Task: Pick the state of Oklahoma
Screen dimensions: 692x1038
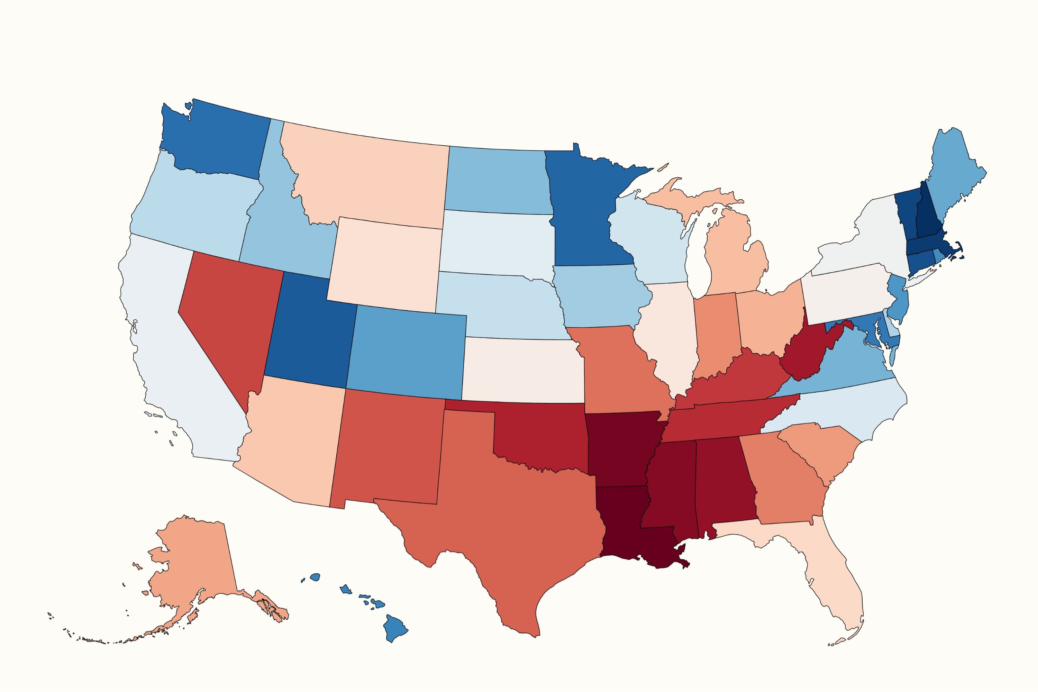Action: tap(543, 437)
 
